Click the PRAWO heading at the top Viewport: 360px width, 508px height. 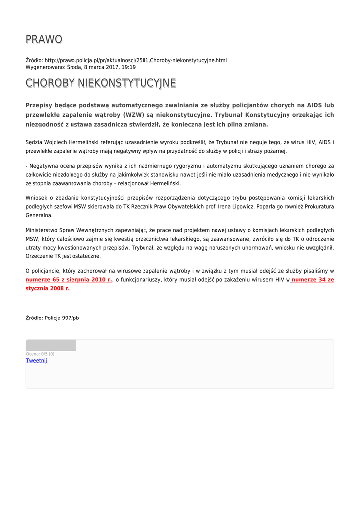click(44, 39)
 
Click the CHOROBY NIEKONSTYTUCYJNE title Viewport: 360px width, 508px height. click(101, 83)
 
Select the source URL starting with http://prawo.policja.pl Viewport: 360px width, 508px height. click(136, 60)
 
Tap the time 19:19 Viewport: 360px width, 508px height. click(129, 67)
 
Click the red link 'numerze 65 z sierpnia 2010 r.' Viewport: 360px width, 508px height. click(69, 280)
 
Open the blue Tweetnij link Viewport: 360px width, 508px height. click(36, 361)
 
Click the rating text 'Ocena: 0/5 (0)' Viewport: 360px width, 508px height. click(40, 354)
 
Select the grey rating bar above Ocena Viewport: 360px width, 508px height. click(51, 345)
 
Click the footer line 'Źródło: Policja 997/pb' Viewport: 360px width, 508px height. click(52, 318)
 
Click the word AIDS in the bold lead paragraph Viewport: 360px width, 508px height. click(314, 105)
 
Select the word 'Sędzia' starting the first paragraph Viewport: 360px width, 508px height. click(34, 142)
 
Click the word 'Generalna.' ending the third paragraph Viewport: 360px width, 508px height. click(39, 216)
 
